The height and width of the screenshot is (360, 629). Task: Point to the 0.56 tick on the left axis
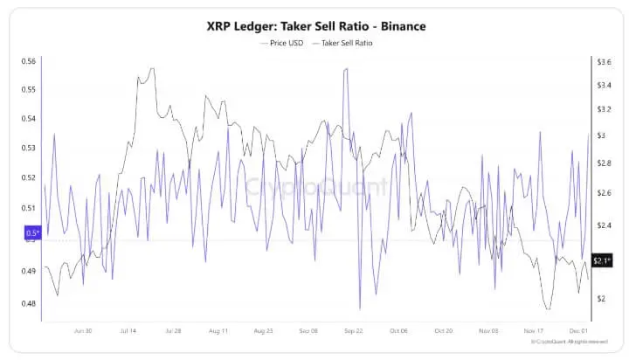click(29, 61)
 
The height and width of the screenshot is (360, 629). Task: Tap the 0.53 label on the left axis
click(29, 148)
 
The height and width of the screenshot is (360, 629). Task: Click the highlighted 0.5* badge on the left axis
click(32, 232)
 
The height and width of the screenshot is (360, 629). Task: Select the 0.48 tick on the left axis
click(29, 303)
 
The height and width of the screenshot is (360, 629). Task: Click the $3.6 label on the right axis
click(603, 62)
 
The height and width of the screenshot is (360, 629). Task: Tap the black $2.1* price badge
click(602, 260)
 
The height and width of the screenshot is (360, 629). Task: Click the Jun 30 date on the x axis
click(84, 331)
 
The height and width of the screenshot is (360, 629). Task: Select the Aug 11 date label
click(218, 331)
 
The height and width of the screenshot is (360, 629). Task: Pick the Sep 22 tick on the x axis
click(354, 331)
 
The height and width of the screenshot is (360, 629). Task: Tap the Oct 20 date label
click(444, 331)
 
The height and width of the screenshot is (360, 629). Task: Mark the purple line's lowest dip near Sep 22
click(360, 308)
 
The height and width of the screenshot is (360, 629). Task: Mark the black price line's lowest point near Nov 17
click(547, 308)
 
